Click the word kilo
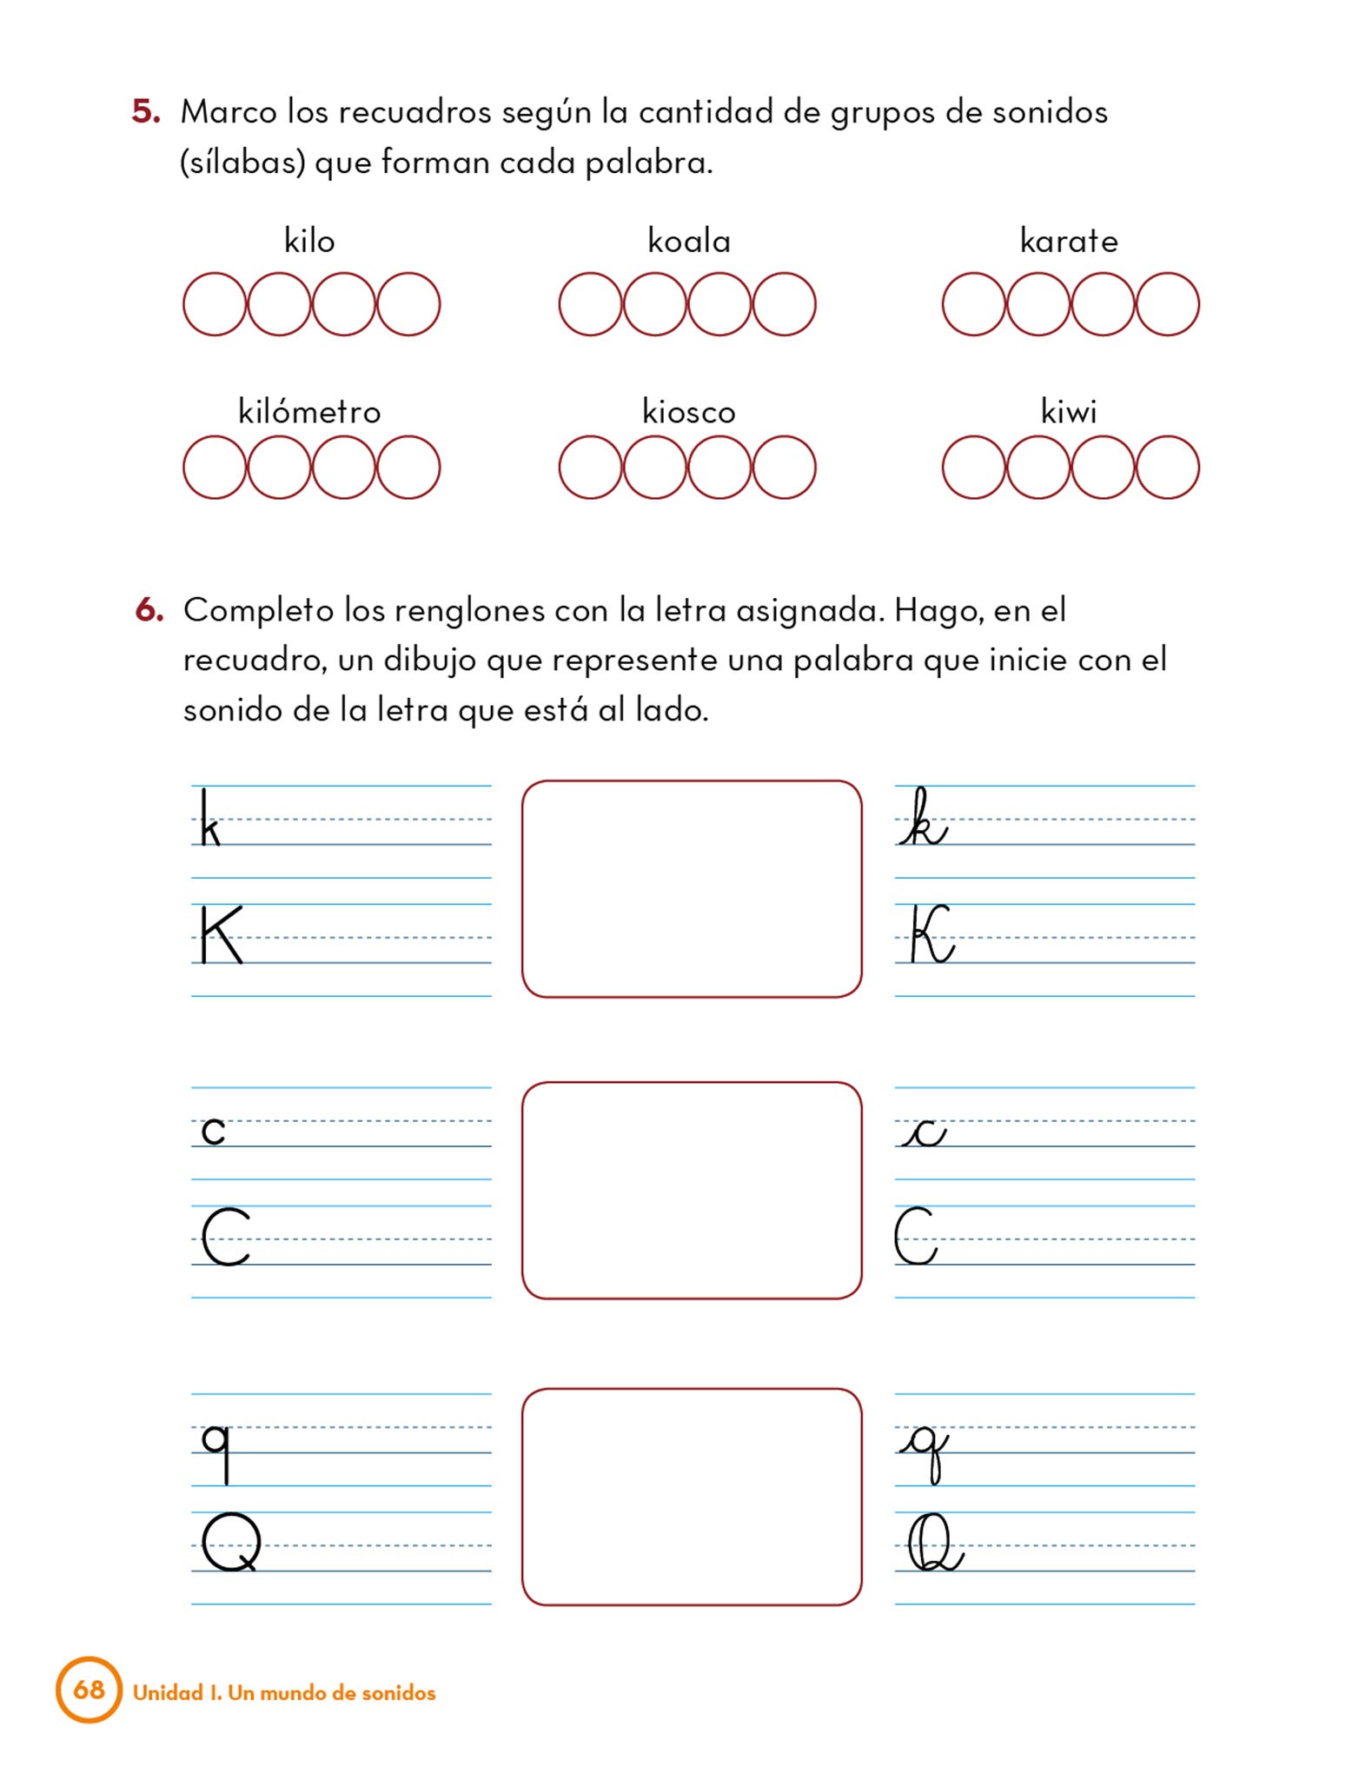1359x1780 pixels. pos(309,241)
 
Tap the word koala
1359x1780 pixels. pos(689,241)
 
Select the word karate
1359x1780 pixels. pos(1069,241)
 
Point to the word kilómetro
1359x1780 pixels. pos(309,411)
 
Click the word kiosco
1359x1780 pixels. pos(689,411)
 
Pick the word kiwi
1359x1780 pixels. pos(1069,411)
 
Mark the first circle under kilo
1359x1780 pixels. pos(215,304)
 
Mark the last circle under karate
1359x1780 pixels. pos(1167,304)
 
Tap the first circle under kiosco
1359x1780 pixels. pos(591,468)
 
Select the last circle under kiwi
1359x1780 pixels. pos(1167,468)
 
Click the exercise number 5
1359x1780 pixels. pos(146,112)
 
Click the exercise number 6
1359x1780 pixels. pos(149,610)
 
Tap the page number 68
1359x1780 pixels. pos(89,1689)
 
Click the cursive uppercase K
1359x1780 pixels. pos(931,934)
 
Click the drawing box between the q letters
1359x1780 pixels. pos(692,1496)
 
